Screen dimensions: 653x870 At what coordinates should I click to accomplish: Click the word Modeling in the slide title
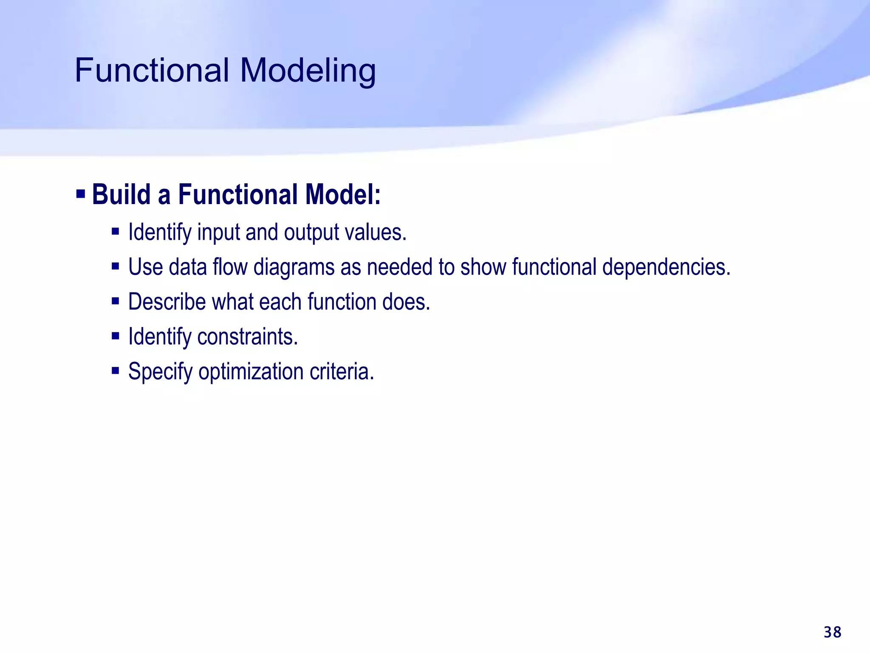pos(308,70)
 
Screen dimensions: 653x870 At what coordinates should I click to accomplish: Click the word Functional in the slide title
pos(152,70)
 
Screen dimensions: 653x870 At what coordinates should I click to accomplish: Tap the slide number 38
pos(832,632)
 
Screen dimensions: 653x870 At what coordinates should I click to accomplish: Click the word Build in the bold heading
pos(121,195)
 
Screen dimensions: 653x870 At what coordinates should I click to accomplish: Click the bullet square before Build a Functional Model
pos(81,194)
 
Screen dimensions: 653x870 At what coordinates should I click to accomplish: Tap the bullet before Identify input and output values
pos(115,232)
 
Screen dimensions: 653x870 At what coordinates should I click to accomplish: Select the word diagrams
pos(294,268)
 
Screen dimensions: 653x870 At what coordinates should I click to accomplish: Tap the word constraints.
pos(248,337)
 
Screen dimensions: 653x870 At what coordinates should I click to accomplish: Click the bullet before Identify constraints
pos(115,336)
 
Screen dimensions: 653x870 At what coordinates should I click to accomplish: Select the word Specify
pos(160,372)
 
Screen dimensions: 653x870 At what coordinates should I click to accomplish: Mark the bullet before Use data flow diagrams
pos(115,267)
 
